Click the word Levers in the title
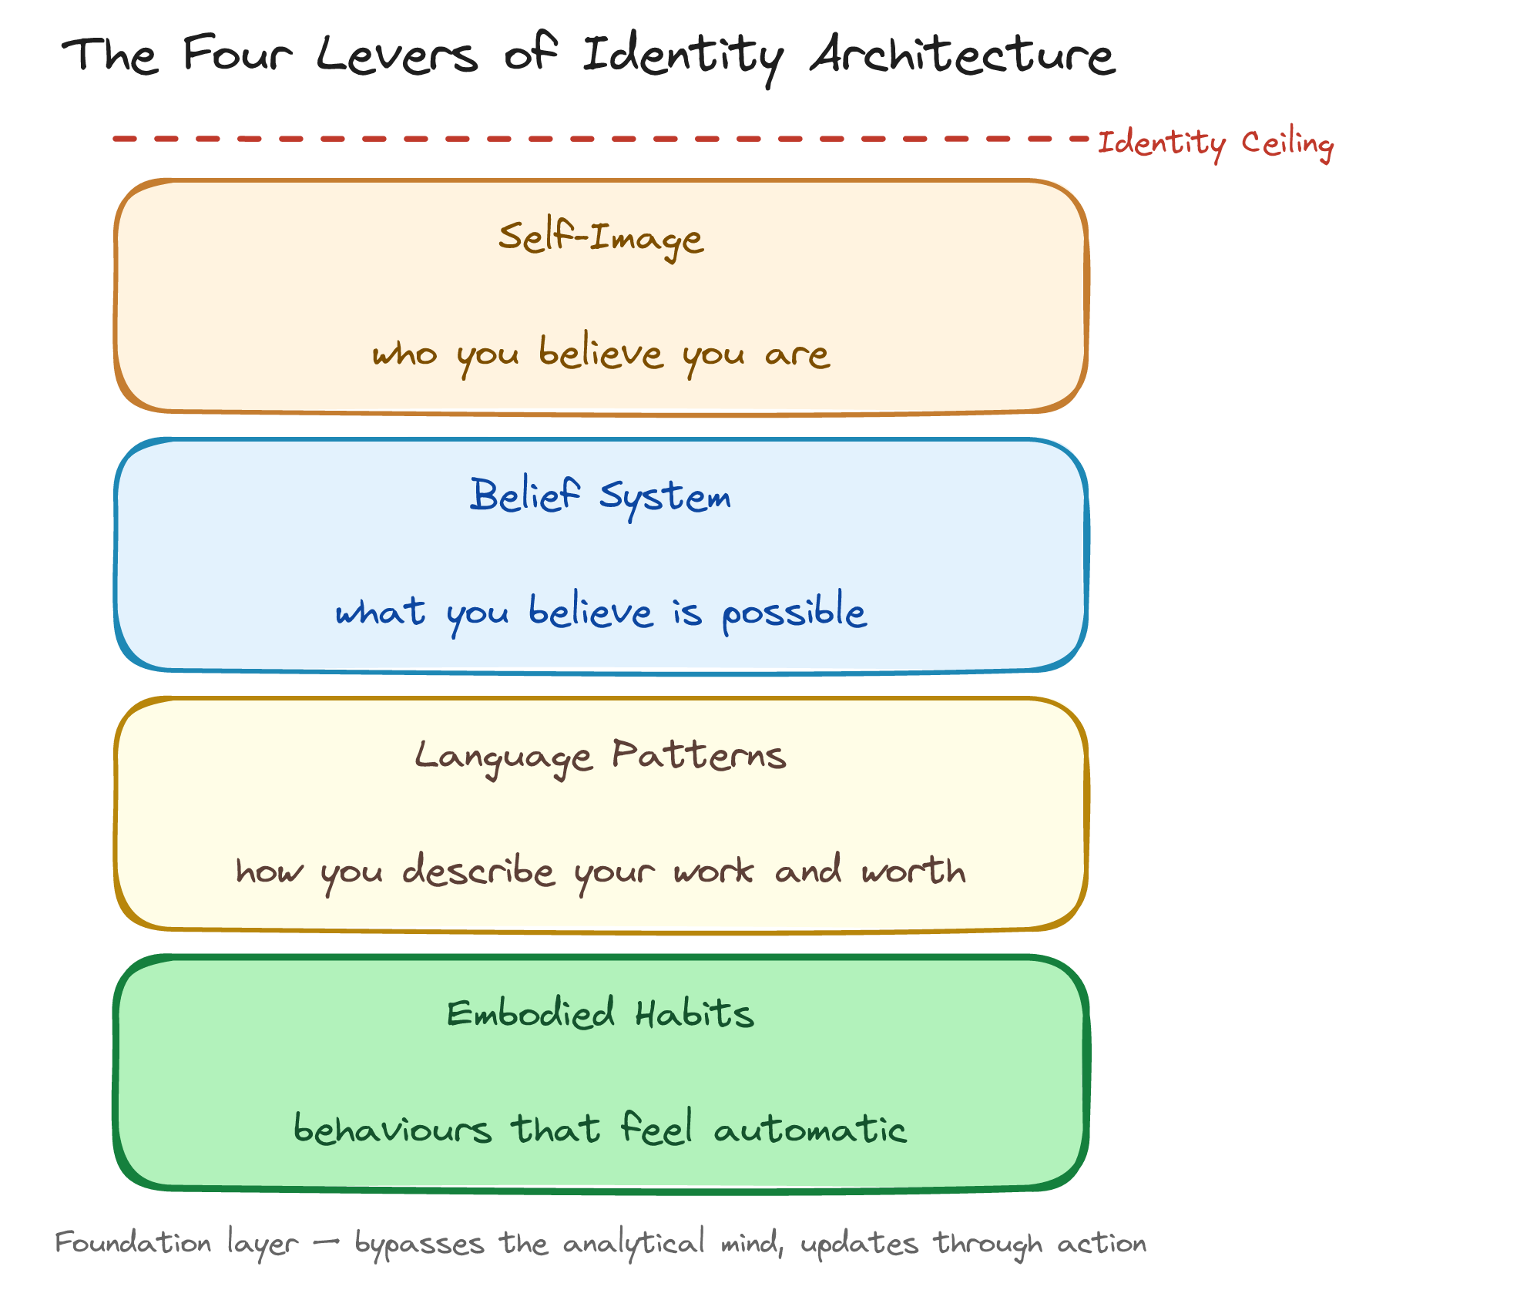coord(397,55)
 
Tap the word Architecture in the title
coord(962,55)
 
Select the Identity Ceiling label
coord(1215,143)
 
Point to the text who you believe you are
coord(601,354)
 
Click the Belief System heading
coord(601,496)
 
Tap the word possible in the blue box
coord(794,613)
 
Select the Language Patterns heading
coord(601,755)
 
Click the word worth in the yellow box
coord(914,871)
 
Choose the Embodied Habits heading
coord(601,1014)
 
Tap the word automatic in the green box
coord(810,1130)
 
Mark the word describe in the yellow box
coord(478,871)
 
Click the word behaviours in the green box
coord(392,1130)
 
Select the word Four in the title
coord(238,55)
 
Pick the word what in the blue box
coord(380,613)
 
